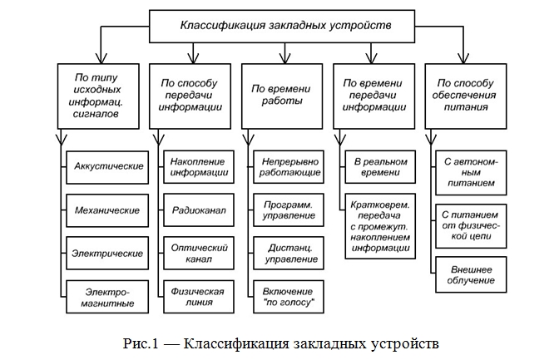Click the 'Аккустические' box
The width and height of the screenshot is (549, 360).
106,165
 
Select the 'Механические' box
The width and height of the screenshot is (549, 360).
106,210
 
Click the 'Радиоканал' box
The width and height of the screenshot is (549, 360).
198,210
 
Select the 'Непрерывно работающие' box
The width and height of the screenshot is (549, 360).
289,166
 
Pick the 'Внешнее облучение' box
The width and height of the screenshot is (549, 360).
471,275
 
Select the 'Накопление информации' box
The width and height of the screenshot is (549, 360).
198,166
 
